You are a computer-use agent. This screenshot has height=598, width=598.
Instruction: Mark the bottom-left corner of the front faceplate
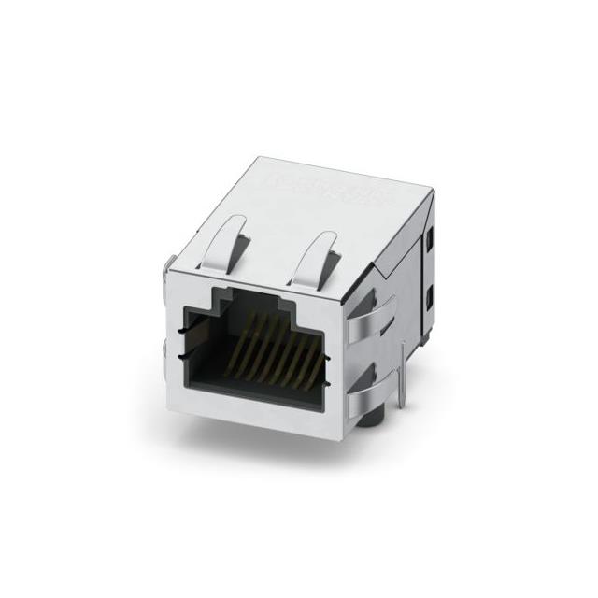tap(175, 403)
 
